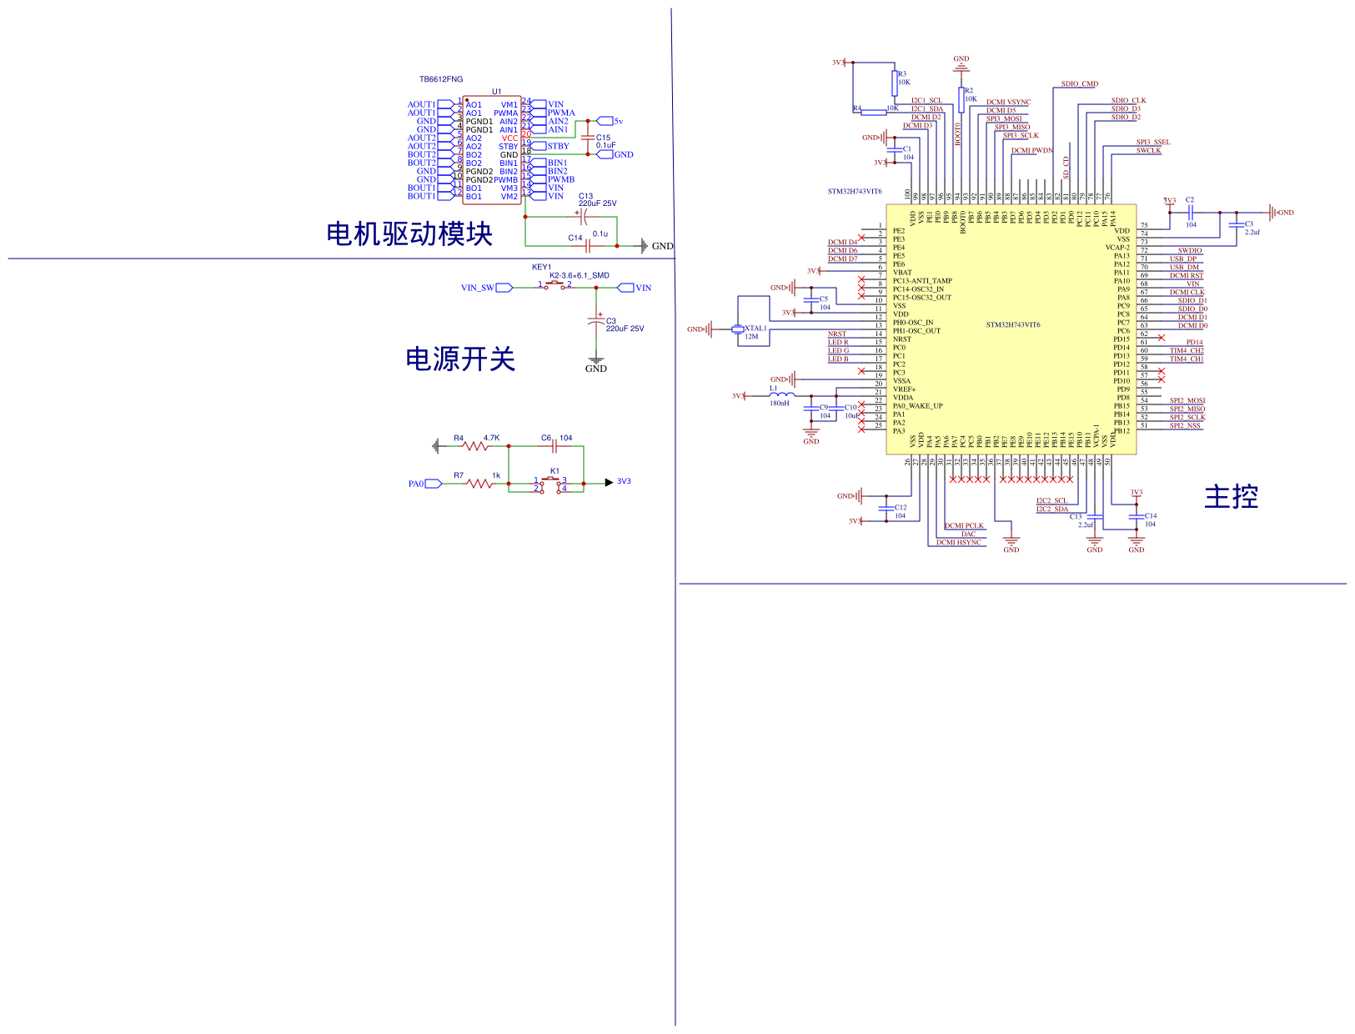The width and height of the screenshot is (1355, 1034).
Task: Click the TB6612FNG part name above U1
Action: tap(441, 79)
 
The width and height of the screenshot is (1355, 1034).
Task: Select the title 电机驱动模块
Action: tap(409, 233)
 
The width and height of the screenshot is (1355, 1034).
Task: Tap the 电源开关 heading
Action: tap(460, 359)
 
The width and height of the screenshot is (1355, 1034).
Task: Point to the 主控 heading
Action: tap(1231, 497)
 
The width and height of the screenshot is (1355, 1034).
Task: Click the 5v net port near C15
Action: tap(607, 121)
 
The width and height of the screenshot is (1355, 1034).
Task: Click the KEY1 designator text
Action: tap(542, 267)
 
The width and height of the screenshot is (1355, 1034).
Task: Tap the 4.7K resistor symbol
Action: tap(476, 446)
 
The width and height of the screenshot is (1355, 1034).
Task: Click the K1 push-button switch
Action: tap(551, 482)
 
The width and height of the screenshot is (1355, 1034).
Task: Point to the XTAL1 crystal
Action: tap(738, 330)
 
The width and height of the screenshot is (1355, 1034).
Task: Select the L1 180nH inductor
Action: tap(781, 394)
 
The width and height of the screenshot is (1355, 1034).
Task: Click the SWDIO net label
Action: tap(1190, 250)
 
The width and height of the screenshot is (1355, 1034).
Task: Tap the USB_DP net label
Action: tap(1182, 258)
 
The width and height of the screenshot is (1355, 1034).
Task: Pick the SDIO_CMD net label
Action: tap(1080, 83)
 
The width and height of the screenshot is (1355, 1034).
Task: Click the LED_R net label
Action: tap(838, 342)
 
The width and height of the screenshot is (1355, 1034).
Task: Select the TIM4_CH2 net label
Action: tap(1187, 350)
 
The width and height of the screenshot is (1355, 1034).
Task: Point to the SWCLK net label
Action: tap(1148, 150)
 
